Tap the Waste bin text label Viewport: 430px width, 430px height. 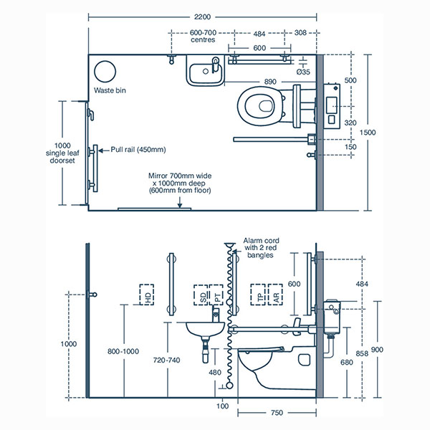coord(111,90)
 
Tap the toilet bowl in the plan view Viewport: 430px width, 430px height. coord(259,105)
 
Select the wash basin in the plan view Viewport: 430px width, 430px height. coord(206,72)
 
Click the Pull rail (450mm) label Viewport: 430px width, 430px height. coord(138,150)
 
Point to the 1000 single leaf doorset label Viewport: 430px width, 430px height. coord(55,151)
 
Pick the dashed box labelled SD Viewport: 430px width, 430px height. coord(201,296)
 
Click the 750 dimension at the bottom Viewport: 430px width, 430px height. coord(276,412)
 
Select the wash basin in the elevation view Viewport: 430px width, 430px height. coord(206,330)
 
